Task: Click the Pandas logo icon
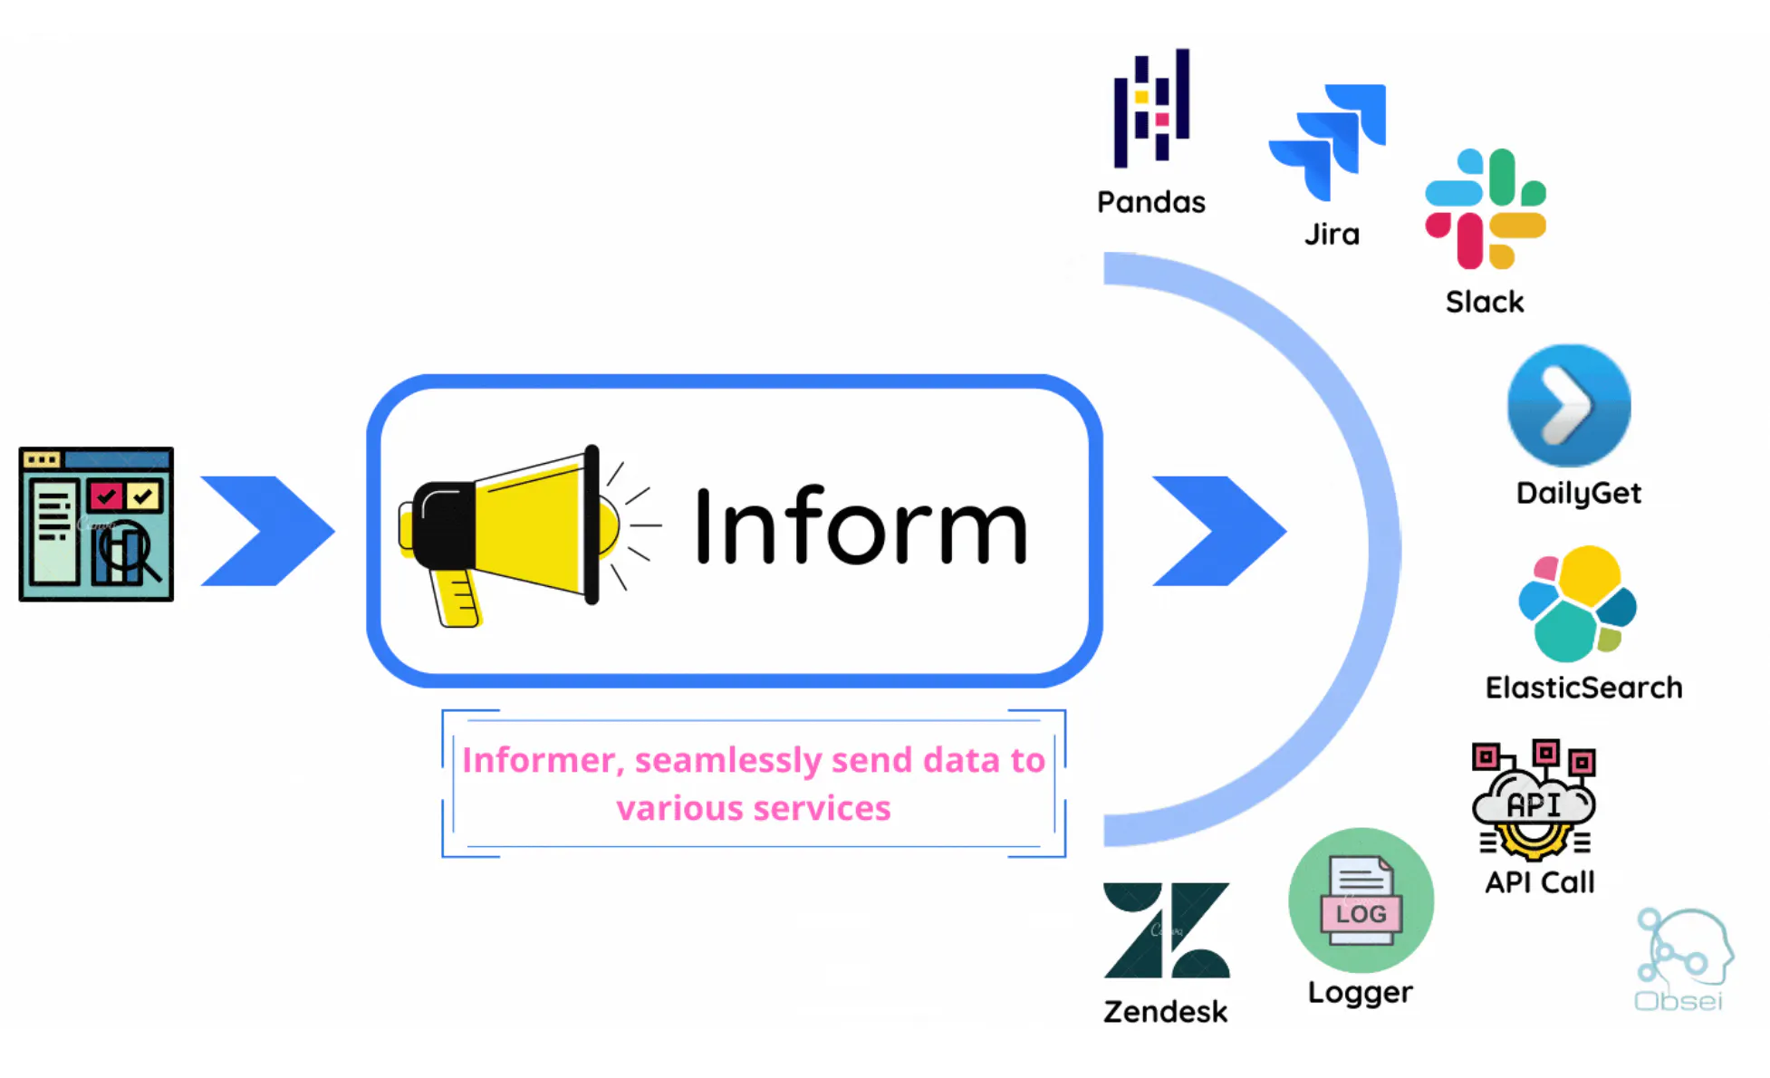[1151, 108]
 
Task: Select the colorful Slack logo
[1486, 209]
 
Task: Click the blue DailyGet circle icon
[1569, 406]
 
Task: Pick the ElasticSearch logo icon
[1577, 603]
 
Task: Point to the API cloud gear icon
[1534, 800]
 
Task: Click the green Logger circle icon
[1361, 900]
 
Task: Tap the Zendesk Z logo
[1167, 930]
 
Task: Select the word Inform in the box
[861, 526]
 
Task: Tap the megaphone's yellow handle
[456, 598]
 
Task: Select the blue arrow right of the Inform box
[1219, 531]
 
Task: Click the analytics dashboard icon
[96, 525]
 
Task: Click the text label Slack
[1485, 302]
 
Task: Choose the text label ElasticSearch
[1583, 688]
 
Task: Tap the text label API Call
[1540, 882]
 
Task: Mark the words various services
[754, 808]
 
